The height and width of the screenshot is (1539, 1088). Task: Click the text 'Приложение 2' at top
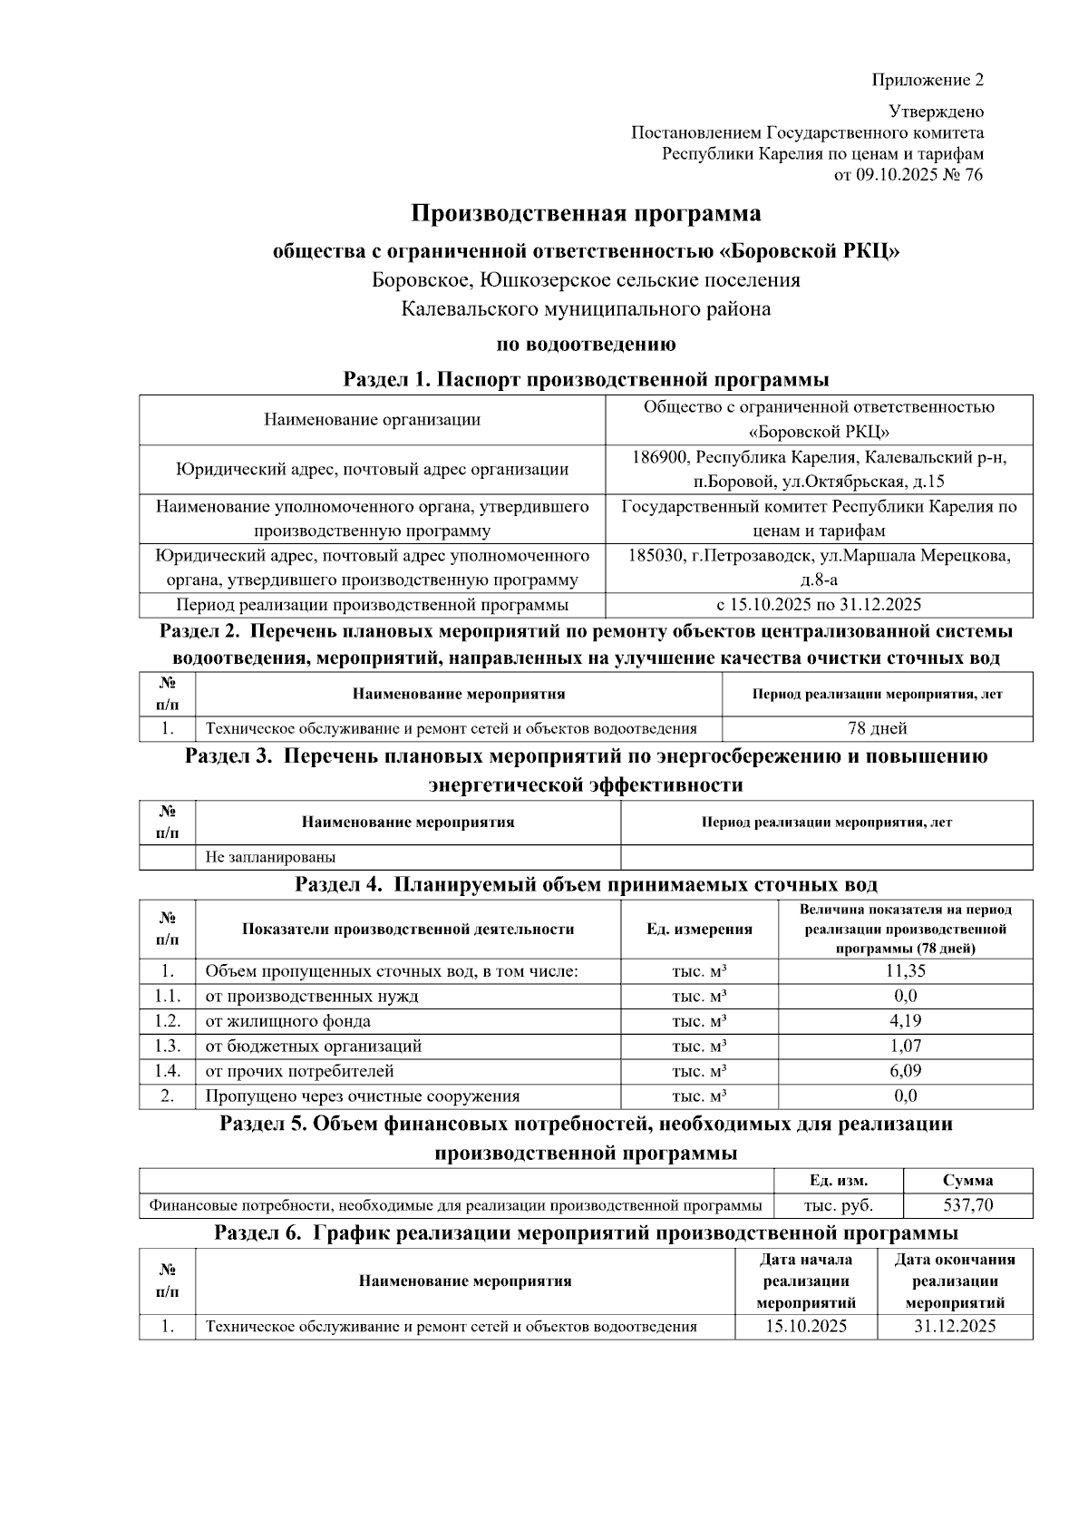click(928, 80)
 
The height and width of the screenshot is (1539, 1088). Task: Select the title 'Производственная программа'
click(586, 214)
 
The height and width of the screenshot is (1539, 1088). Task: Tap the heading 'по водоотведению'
click(586, 345)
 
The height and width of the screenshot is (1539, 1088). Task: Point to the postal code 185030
click(656, 555)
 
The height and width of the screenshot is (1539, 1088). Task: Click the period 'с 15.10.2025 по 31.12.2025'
click(818, 605)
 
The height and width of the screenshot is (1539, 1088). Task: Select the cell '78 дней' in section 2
click(877, 728)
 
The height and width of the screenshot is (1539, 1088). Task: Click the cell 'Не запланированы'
click(270, 856)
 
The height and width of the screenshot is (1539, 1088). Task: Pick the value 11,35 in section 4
click(905, 971)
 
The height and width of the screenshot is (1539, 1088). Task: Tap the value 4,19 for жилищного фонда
click(905, 1021)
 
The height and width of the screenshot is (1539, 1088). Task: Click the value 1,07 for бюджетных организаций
click(905, 1046)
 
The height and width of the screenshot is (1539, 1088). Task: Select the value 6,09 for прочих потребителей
click(905, 1071)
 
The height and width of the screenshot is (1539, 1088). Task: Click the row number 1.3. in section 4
click(167, 1046)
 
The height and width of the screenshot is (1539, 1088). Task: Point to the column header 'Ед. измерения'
click(699, 930)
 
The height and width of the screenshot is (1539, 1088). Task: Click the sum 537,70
click(967, 1206)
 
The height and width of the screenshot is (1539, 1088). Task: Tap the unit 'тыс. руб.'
click(839, 1206)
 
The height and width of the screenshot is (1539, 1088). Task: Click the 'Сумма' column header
click(967, 1181)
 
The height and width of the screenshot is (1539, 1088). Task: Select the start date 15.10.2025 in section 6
click(805, 1327)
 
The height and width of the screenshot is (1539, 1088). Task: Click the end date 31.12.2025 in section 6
click(955, 1327)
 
